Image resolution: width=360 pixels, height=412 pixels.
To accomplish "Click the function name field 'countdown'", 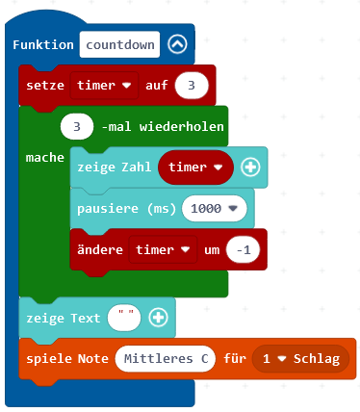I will (119, 45).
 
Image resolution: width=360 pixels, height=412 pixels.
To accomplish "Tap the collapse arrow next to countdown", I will (176, 45).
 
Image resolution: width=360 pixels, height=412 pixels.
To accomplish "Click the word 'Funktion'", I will (44, 45).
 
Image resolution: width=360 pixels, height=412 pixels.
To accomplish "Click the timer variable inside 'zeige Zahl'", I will (196, 167).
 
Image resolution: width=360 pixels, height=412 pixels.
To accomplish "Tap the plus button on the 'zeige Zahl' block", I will (250, 167).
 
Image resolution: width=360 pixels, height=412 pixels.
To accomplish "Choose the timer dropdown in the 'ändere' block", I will (161, 249).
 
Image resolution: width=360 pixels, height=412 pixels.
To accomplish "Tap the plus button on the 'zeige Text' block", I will (160, 317).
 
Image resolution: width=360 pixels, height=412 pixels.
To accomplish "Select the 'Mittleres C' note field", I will (165, 359).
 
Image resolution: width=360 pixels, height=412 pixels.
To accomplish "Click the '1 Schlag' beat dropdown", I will (301, 359).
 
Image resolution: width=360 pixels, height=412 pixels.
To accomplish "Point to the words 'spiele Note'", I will (66, 359).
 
